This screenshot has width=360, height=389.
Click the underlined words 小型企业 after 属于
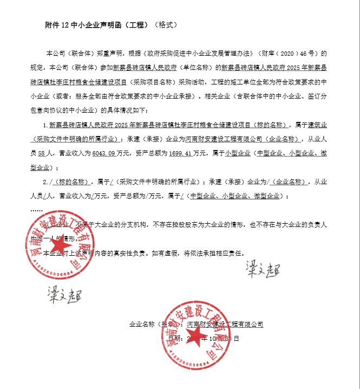238,153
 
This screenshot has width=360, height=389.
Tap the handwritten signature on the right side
261,268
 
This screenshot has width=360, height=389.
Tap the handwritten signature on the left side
61,296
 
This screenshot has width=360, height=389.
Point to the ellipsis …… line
36,209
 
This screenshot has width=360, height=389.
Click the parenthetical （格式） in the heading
166,25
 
